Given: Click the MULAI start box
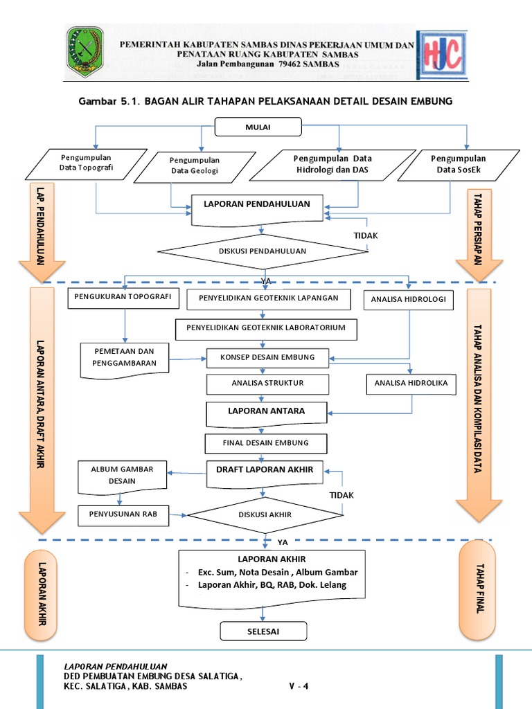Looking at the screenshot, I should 258,127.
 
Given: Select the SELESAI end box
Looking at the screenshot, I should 263,631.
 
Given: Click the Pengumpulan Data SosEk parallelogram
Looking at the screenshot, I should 458,164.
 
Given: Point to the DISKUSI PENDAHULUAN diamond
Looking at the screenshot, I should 262,251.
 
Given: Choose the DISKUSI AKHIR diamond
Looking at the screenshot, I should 265,514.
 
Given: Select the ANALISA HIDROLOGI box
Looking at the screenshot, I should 409,300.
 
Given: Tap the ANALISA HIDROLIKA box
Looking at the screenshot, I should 411,383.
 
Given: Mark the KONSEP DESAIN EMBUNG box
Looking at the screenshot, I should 267,357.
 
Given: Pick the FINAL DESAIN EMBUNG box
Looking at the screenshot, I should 266,443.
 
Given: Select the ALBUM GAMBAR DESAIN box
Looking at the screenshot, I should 122,475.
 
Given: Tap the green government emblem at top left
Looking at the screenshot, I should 85,52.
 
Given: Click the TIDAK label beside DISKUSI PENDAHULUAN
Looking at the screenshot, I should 366,235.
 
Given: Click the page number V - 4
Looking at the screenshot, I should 299,686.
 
